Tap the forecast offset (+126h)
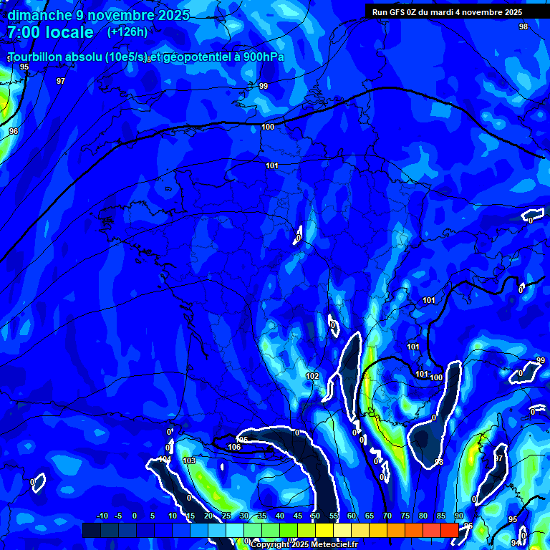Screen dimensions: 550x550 click(x=127, y=32)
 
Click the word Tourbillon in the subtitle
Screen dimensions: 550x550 click(x=37, y=57)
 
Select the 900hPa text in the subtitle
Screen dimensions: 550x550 click(x=259, y=57)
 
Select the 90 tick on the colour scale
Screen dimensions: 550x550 click(x=458, y=516)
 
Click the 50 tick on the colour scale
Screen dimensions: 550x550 click(x=315, y=516)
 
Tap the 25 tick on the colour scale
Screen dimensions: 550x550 click(x=226, y=516)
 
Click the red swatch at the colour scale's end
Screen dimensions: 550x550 click(x=449, y=530)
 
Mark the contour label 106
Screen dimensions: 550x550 click(x=234, y=447)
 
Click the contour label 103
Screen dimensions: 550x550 click(x=189, y=460)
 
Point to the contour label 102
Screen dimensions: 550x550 click(x=312, y=376)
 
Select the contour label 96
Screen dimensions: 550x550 click(x=14, y=131)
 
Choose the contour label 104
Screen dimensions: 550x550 click(x=165, y=459)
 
